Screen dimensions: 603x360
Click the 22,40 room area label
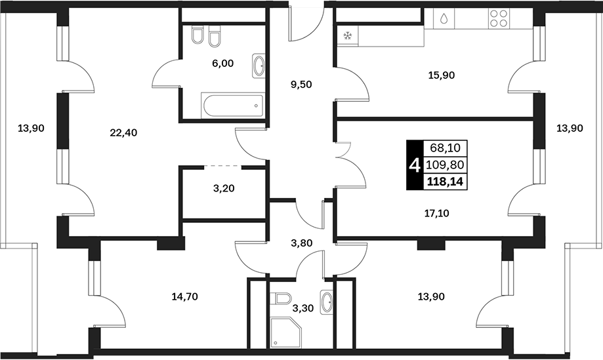pyautogui.click(x=123, y=133)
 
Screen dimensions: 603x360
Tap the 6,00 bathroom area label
pyautogui.click(x=222, y=64)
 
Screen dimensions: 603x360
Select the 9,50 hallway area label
pyautogui.click(x=301, y=85)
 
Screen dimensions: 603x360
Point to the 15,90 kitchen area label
pyautogui.click(x=442, y=75)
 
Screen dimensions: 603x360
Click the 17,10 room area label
pyautogui.click(x=436, y=213)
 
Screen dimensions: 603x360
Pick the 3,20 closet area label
pyautogui.click(x=224, y=189)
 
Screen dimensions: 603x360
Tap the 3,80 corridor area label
pyautogui.click(x=302, y=243)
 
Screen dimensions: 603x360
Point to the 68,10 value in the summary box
pyautogui.click(x=446, y=147)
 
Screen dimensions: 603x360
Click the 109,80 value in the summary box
pyautogui.click(x=446, y=165)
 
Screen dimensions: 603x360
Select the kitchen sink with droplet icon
pyautogui.click(x=444, y=18)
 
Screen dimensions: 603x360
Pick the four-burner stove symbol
pyautogui.click(x=499, y=18)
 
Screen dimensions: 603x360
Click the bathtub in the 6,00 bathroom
pyautogui.click(x=233, y=106)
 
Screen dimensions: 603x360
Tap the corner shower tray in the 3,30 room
pyautogui.click(x=285, y=332)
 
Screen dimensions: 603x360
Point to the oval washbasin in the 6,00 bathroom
pyautogui.click(x=259, y=66)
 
